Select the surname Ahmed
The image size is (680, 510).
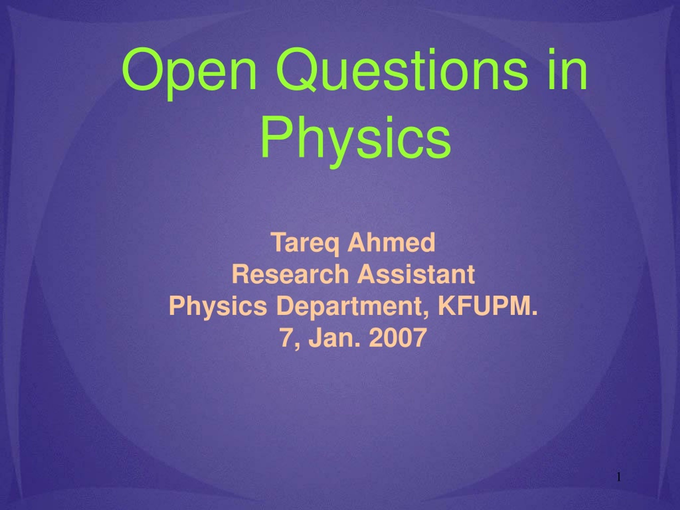[391, 243]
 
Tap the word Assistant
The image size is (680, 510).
[416, 274]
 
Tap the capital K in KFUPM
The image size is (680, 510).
[448, 306]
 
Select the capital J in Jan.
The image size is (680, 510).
[314, 338]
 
